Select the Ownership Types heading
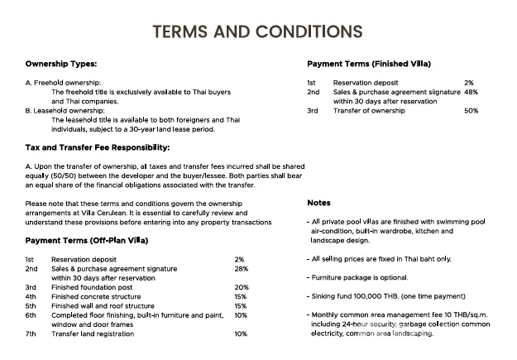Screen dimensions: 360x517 coord(60,64)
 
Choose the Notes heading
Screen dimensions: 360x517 coord(318,203)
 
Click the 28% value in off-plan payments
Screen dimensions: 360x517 coord(242,269)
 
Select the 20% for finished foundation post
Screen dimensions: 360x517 coord(242,287)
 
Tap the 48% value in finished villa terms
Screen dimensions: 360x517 coord(472,92)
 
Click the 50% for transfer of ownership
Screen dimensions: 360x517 coord(472,110)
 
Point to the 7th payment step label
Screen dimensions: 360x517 coord(31,334)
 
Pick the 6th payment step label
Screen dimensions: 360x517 coord(31,315)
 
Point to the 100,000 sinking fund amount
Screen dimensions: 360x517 coord(368,296)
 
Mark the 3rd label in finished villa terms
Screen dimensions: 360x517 coord(312,110)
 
